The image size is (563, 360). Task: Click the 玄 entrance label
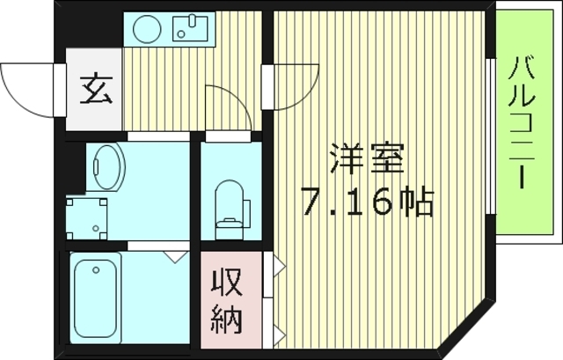(97, 91)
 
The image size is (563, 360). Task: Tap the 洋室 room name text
(367, 159)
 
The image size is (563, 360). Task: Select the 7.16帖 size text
(368, 203)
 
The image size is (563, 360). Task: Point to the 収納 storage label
(226, 301)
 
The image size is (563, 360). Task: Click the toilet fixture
(229, 204)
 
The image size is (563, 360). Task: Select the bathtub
(95, 296)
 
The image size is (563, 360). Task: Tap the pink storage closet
(230, 300)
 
